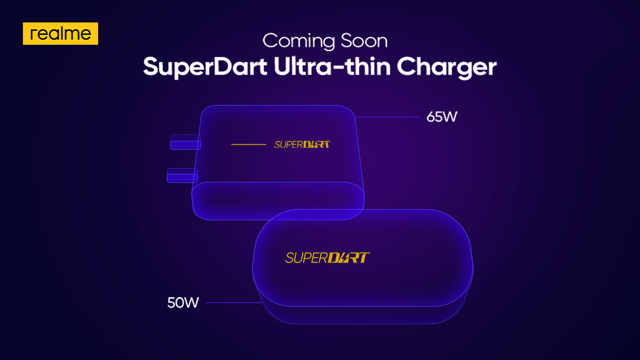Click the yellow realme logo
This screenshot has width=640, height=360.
click(60, 34)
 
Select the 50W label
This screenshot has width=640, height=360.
click(183, 303)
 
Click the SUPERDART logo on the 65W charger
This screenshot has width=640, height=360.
click(302, 145)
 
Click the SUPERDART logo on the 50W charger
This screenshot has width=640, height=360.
click(327, 258)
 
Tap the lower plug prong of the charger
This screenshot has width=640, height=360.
click(182, 175)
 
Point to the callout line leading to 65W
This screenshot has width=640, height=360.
click(387, 117)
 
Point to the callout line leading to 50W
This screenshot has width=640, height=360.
click(233, 303)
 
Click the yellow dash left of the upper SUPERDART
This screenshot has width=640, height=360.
click(249, 145)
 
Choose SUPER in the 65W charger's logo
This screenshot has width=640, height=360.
click(287, 145)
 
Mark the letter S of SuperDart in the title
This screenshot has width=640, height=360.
click(150, 67)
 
